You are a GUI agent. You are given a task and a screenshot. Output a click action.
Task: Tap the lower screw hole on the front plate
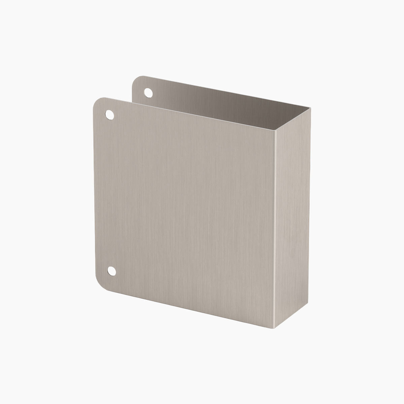pyautogui.click(x=111, y=271)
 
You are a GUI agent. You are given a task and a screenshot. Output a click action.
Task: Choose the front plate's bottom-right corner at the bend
pyautogui.click(x=274, y=327)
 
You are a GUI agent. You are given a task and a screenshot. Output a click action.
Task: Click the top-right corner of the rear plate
pyautogui.click(x=310, y=108)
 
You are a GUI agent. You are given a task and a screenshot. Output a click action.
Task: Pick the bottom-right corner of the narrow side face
pyautogui.click(x=309, y=300)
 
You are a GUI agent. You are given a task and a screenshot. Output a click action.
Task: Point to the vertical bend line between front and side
pyautogui.click(x=274, y=229)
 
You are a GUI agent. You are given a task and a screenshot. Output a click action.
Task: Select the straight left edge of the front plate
pyautogui.click(x=93, y=192)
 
